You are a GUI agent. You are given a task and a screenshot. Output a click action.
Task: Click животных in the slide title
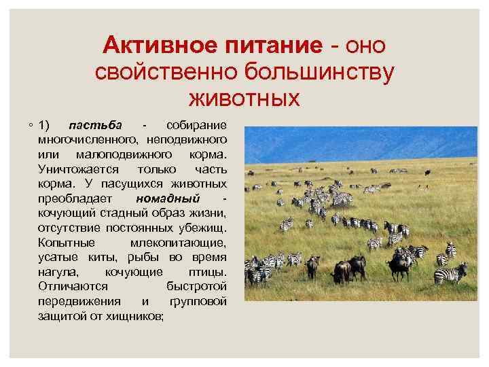244,98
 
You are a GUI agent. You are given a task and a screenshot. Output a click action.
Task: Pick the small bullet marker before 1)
31,126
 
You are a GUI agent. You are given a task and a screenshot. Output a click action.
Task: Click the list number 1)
44,126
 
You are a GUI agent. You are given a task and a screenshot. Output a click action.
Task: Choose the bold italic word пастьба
96,126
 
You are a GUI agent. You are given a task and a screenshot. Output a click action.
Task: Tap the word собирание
196,126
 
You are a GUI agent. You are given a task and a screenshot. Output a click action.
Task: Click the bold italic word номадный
167,198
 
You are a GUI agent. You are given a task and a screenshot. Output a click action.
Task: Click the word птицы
208,272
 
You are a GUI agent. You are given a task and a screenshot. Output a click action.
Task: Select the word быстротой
196,287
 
